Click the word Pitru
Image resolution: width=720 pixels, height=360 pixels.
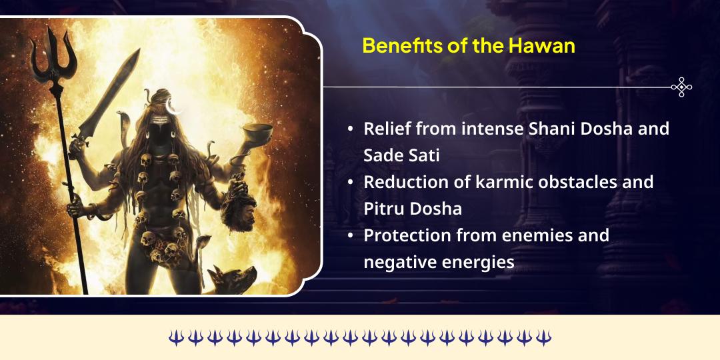coord(385,209)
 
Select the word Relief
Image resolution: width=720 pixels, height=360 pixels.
coord(387,129)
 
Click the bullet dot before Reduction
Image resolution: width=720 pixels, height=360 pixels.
coord(351,183)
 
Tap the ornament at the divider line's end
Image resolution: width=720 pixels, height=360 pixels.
coord(681,87)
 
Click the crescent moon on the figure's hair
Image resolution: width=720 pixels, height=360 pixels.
coord(175,105)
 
